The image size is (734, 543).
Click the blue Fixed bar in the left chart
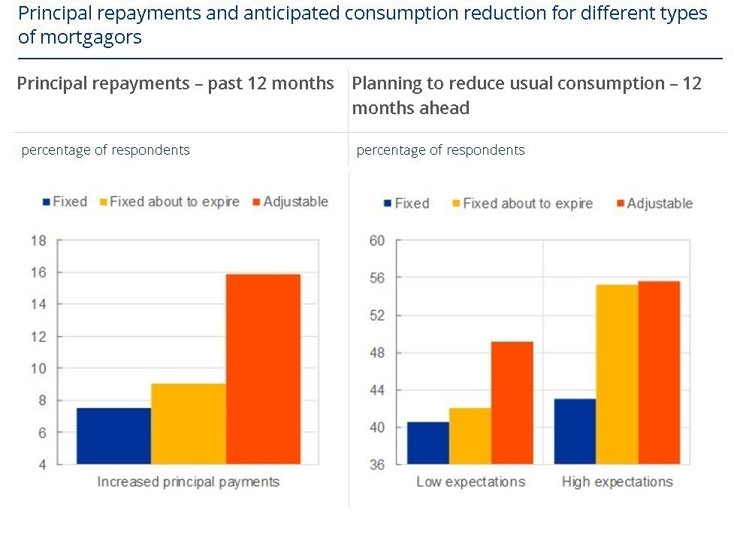(x=113, y=436)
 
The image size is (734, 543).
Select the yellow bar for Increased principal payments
(x=189, y=424)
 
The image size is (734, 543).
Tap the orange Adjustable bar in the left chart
(x=263, y=369)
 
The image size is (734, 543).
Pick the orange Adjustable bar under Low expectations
(x=512, y=403)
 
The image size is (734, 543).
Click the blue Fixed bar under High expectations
(x=575, y=431)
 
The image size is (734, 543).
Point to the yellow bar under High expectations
(x=617, y=374)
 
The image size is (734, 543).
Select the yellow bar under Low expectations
(x=470, y=436)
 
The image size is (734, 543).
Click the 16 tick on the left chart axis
(x=38, y=273)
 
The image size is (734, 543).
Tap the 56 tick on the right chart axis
(x=376, y=278)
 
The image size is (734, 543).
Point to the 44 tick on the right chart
(x=376, y=391)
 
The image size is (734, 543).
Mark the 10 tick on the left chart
(x=38, y=369)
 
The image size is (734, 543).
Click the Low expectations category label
(x=470, y=481)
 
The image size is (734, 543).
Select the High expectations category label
(x=617, y=481)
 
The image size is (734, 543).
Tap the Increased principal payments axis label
(x=188, y=481)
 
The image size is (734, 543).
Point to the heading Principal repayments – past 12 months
(x=175, y=83)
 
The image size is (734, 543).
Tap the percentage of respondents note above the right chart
(x=440, y=150)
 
